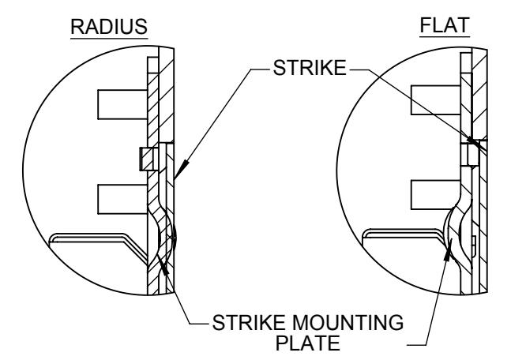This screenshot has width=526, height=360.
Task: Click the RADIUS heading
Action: [109, 27]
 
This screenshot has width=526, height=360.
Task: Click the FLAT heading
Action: [445, 25]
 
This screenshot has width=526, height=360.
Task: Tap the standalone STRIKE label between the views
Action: [310, 68]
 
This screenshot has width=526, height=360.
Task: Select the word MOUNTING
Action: [348, 322]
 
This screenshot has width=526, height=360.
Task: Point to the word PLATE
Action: [307, 343]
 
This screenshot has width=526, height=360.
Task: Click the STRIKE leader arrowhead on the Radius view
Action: [181, 170]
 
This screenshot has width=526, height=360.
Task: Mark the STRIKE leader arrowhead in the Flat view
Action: [475, 142]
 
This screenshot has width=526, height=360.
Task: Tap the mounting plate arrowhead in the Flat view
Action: [448, 250]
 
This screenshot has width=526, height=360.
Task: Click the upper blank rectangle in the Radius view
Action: [122, 104]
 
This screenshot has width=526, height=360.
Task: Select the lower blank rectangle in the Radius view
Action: [122, 199]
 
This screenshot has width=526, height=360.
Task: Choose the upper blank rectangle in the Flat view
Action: [436, 100]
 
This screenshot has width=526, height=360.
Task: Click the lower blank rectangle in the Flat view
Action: [435, 195]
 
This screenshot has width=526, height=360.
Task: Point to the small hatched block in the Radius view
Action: [146, 159]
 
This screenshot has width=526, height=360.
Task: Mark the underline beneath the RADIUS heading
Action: [109, 39]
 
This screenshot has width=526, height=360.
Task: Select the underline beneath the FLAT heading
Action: [445, 36]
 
